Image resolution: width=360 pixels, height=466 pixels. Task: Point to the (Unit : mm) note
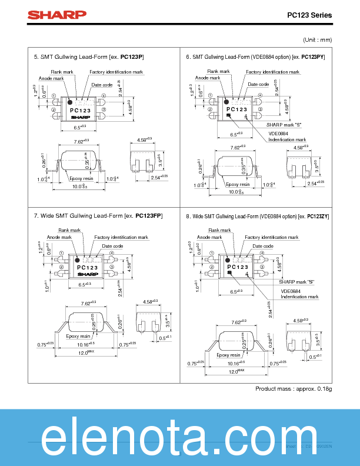pos(318,39)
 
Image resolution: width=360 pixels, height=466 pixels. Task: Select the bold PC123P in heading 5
pos(132,56)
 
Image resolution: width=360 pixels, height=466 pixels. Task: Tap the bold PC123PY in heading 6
pos(313,56)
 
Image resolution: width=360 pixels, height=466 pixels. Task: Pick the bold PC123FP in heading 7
pos(149,216)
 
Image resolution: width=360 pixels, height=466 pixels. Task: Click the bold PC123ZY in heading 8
pos(318,217)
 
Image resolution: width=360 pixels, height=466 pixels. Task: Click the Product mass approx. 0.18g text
pos(294,389)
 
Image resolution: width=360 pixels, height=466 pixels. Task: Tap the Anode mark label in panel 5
pos(51,78)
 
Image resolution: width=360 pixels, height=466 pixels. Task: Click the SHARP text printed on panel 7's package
pos(88,274)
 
